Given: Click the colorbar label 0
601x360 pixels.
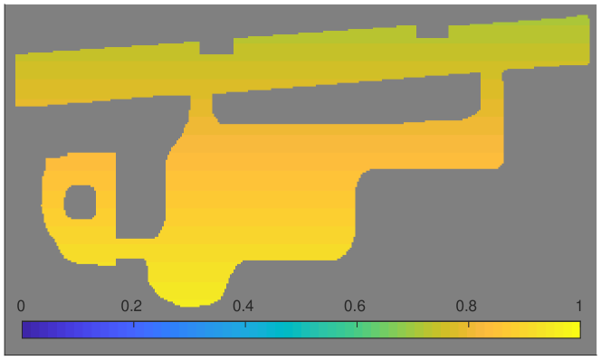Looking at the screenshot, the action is point(21,306).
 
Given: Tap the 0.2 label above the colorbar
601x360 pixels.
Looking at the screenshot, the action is point(131,306).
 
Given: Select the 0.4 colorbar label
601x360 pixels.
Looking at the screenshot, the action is point(243,306).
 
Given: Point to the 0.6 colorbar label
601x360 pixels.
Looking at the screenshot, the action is point(355,306).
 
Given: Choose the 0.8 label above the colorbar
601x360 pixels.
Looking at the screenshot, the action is point(466,306).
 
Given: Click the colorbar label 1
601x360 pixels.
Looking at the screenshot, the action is point(578,306).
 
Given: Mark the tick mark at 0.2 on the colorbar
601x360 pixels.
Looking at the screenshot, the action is point(134,325).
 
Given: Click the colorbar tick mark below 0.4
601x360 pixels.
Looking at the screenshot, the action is point(245,325).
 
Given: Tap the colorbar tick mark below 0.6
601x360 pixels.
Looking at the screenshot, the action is point(357,325).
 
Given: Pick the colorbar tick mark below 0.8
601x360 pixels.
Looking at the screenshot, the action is point(468,325).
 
